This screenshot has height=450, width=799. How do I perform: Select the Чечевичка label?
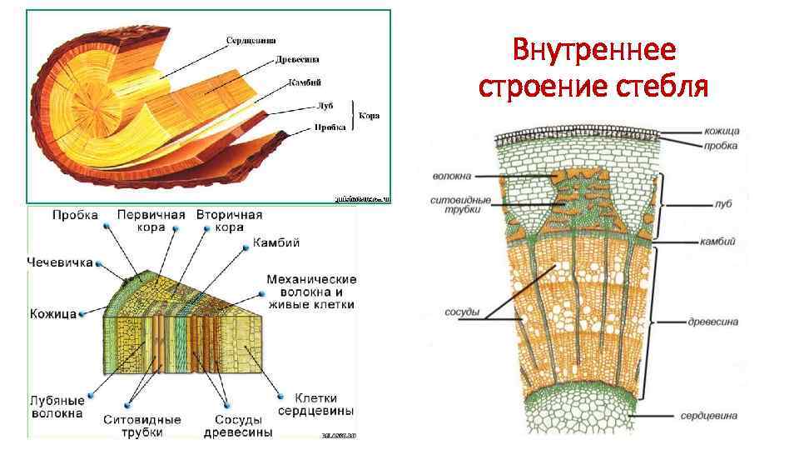click(59, 261)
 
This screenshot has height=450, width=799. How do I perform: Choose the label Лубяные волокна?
click(57, 405)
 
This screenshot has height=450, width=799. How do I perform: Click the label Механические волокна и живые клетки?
click(312, 291)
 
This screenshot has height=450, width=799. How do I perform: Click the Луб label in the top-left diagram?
click(325, 106)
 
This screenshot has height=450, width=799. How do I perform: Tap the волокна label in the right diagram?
click(452, 176)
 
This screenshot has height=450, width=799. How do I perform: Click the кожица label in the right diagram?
click(721, 132)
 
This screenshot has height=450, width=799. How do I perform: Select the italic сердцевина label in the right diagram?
click(708, 415)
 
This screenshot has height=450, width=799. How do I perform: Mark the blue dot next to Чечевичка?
click(98, 262)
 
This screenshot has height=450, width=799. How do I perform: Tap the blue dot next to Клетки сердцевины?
click(285, 397)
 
